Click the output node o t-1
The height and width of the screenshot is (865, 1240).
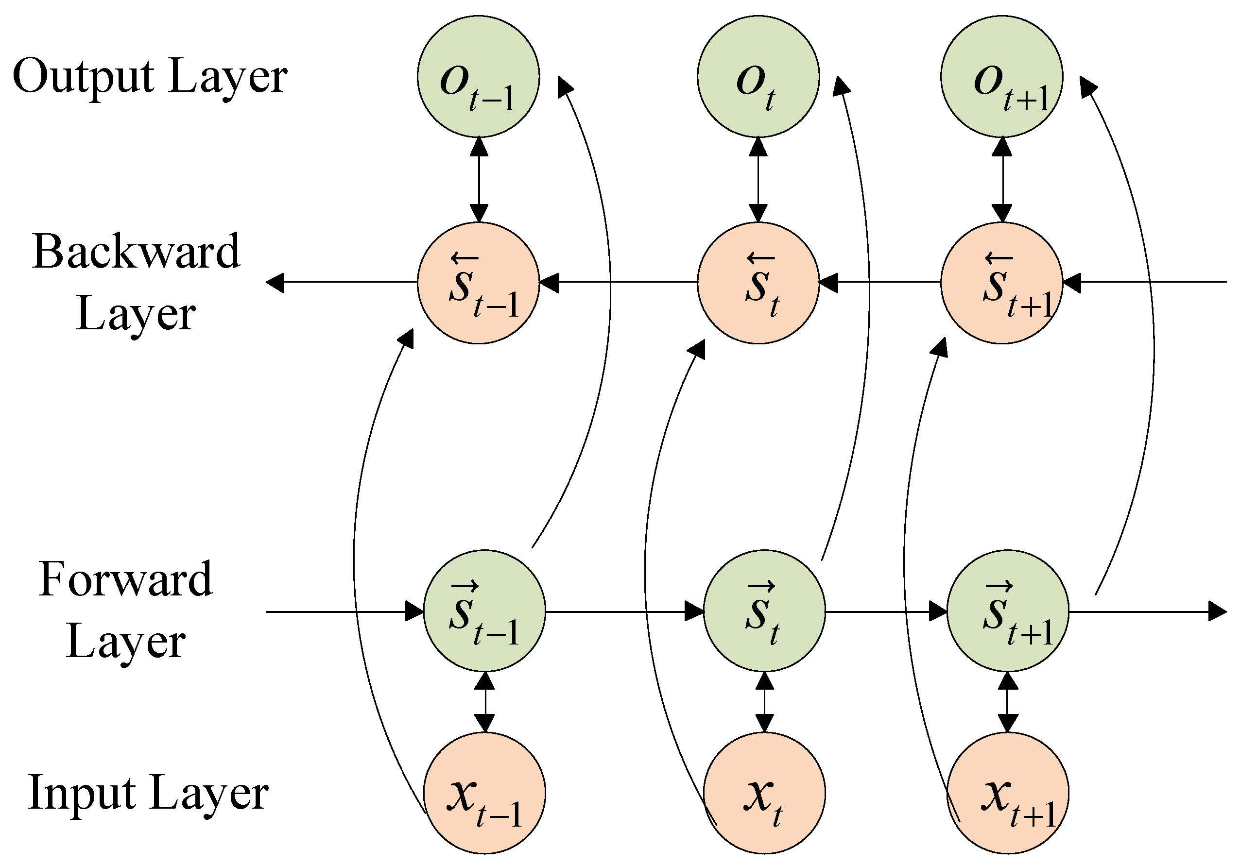point(478,77)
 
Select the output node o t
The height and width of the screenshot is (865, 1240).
point(758,77)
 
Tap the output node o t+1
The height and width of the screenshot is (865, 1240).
point(1002,77)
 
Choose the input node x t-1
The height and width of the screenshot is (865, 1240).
point(484,793)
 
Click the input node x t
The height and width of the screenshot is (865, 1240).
point(764,793)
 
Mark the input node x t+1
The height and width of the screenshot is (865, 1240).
point(1008,793)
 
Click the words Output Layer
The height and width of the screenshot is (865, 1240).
point(150,77)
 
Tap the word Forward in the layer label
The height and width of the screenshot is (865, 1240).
point(125,579)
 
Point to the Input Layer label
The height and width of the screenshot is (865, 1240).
point(147,793)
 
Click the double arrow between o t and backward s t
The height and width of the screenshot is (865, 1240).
point(758,179)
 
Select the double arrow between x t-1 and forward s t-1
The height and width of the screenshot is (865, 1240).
point(484,702)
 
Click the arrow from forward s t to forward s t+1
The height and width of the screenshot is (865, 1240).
point(886,612)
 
